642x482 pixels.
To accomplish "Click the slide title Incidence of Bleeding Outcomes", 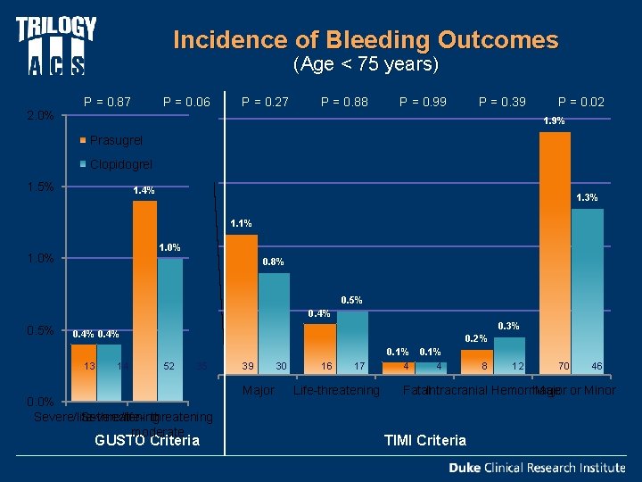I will pyautogui.click(x=366, y=40).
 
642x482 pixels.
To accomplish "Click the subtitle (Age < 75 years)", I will pyautogui.click(x=366, y=64).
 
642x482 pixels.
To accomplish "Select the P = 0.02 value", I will pyautogui.click(x=581, y=102).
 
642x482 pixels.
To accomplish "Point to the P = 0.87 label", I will pyautogui.click(x=107, y=102).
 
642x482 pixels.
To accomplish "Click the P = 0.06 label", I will pyautogui.click(x=186, y=102).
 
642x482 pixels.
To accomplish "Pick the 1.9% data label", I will pyautogui.click(x=554, y=121).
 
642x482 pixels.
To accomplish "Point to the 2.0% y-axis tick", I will pyautogui.click(x=41, y=116).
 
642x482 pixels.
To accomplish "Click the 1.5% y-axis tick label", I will pyautogui.click(x=41, y=187).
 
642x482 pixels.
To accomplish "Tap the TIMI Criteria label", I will pyautogui.click(x=424, y=440).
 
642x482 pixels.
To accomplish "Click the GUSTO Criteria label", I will pyautogui.click(x=147, y=440).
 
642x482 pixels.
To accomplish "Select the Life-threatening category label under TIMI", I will pyautogui.click(x=336, y=391).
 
